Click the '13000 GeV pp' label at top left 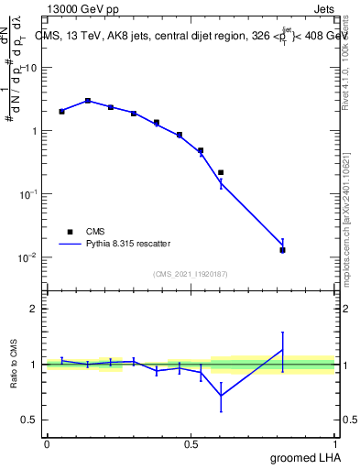(x=85, y=10)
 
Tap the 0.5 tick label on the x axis (x=191, y=442)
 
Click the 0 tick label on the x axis (x=47, y=442)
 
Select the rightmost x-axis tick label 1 (x=335, y=442)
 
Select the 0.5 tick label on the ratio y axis (x=33, y=420)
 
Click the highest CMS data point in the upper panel (x=87, y=101)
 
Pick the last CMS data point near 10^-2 (x=282, y=250)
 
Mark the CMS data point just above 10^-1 (x=221, y=172)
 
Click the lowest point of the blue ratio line (x=221, y=396)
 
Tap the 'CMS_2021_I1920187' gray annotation (x=191, y=273)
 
